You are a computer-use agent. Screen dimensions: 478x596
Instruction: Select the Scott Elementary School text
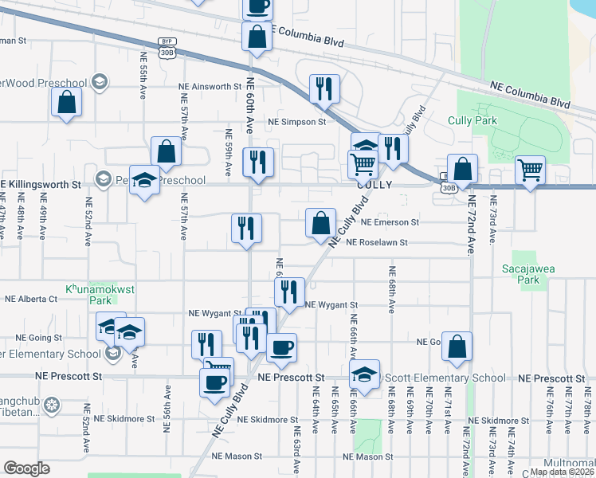445,378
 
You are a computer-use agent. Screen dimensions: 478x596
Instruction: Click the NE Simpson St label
296,122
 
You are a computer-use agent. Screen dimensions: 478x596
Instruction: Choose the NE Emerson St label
390,223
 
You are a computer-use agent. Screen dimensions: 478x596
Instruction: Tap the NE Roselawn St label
377,242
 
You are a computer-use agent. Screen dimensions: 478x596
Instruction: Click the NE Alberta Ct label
31,300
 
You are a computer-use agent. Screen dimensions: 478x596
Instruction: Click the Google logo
27,468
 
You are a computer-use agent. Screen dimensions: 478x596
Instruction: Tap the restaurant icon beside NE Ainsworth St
324,88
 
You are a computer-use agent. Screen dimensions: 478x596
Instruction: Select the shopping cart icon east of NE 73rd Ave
530,170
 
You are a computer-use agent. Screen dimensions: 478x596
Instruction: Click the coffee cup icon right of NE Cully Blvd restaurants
281,347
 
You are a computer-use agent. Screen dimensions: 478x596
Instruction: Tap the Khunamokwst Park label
88,296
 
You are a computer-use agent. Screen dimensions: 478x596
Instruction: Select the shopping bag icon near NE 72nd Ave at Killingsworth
462,168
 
